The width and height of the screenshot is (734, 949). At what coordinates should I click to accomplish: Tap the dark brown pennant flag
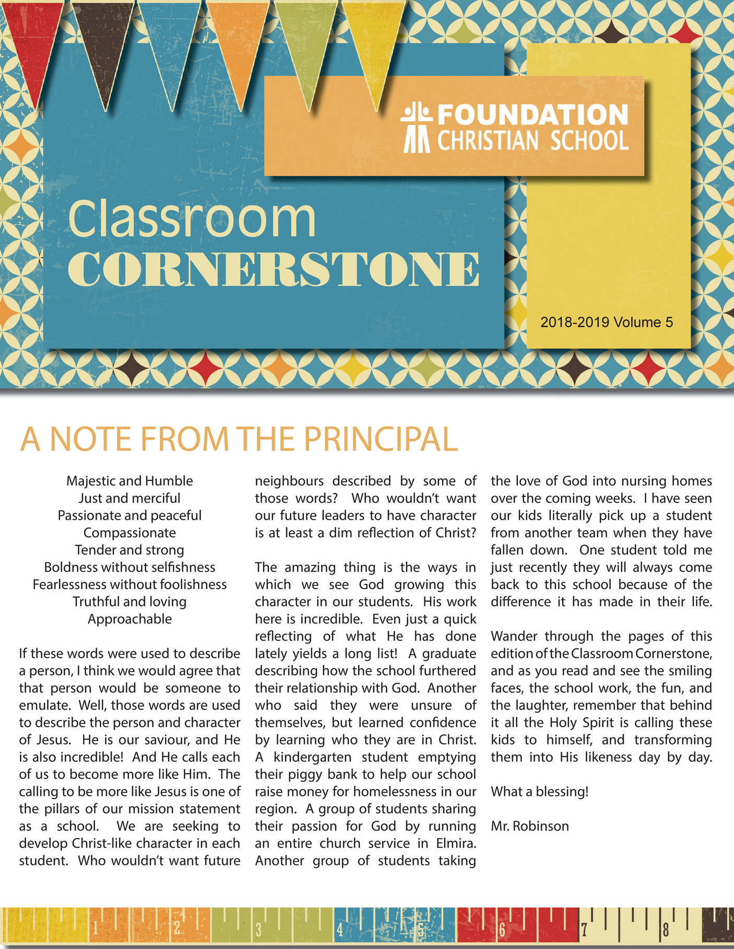click(104, 42)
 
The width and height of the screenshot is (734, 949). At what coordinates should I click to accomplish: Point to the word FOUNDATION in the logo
click(532, 115)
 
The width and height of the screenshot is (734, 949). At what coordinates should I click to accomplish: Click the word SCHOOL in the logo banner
click(589, 141)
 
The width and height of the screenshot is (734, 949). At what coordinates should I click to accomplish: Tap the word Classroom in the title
click(192, 219)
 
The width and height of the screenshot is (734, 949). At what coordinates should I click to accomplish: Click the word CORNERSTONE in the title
click(273, 270)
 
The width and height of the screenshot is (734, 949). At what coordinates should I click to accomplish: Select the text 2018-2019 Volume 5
click(607, 322)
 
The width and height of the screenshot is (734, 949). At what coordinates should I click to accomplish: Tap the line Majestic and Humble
click(129, 481)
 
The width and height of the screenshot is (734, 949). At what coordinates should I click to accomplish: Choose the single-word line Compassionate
click(129, 533)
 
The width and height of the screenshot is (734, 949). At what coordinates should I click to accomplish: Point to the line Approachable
click(129, 619)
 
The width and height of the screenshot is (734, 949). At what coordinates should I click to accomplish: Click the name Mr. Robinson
click(530, 826)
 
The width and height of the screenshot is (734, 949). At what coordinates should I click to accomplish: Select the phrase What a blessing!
click(539, 791)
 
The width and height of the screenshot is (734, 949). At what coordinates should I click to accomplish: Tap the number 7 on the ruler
click(584, 929)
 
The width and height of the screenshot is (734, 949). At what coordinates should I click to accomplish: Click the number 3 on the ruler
click(258, 930)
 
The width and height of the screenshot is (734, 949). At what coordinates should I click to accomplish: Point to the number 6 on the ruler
click(502, 929)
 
